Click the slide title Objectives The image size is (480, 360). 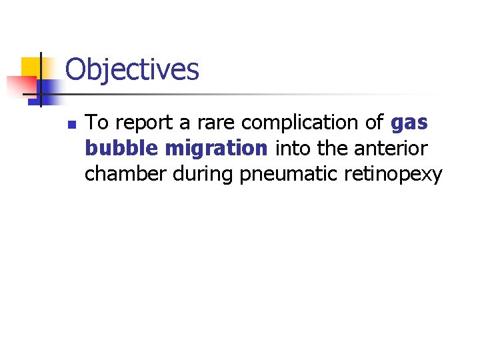point(132,69)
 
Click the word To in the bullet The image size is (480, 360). point(97,123)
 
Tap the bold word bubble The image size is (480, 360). point(122,149)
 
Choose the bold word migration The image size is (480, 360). point(216,149)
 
